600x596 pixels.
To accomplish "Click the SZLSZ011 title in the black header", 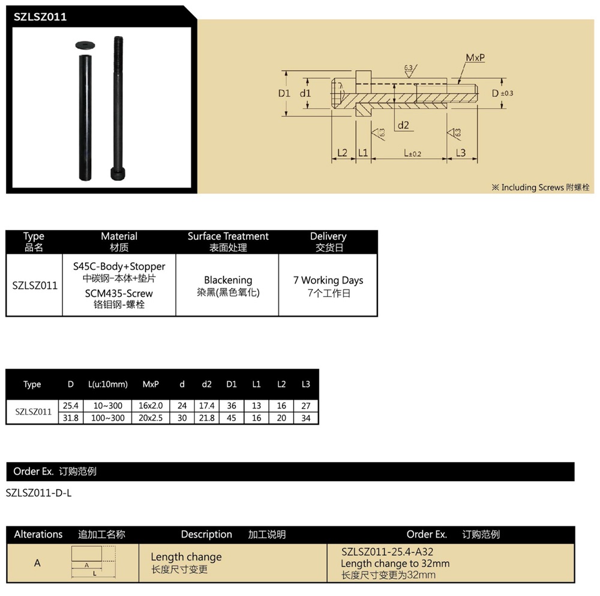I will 40,17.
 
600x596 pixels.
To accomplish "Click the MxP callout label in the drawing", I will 475,58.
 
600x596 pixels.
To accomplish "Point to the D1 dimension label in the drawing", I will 284,93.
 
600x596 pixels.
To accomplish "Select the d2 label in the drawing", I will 403,125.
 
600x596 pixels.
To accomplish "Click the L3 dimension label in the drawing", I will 461,153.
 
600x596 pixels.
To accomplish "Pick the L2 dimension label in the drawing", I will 342,153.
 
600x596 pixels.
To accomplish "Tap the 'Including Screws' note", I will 540,187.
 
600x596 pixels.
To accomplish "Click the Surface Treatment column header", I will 228,242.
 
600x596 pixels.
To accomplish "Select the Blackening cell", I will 228,280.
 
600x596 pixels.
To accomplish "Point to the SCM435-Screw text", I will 119,293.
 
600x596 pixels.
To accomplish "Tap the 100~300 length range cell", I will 108,418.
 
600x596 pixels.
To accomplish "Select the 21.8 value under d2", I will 207,418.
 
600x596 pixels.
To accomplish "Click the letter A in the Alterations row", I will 37,563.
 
